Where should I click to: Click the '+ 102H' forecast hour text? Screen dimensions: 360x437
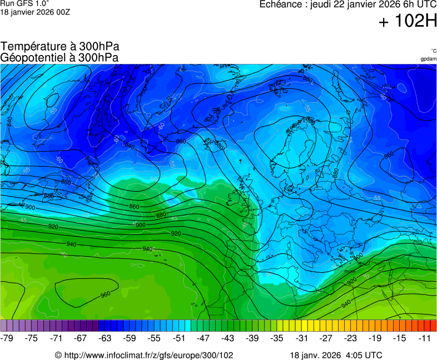(x=407, y=22)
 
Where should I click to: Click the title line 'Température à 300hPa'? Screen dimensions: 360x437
(x=59, y=47)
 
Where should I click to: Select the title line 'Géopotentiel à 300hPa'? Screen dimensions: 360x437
(x=59, y=57)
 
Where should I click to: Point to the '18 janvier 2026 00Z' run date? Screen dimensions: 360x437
(x=35, y=12)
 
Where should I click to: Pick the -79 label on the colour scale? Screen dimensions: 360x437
(x=8, y=338)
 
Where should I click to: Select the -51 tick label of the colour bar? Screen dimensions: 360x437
(x=179, y=338)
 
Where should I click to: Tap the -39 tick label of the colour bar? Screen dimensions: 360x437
(x=252, y=338)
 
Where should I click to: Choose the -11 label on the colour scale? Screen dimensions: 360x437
(x=424, y=338)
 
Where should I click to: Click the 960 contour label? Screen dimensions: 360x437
(x=105, y=294)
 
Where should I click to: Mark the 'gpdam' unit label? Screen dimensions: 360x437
(x=428, y=59)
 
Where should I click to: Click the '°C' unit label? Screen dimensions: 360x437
(x=433, y=51)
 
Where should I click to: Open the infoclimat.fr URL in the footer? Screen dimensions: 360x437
(x=143, y=355)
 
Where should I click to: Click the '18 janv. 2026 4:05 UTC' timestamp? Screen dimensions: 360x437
(x=336, y=355)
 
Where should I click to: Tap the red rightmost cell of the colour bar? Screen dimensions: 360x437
(x=433, y=326)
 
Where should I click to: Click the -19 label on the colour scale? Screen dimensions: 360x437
(x=375, y=338)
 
